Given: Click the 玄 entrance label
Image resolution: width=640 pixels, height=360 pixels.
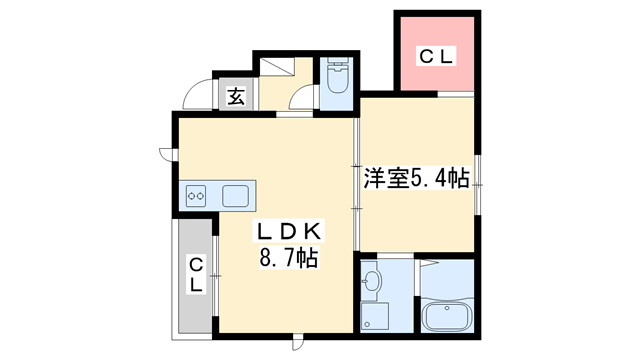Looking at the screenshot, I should [236, 97].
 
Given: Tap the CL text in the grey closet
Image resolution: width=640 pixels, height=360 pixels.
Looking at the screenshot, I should [196, 274].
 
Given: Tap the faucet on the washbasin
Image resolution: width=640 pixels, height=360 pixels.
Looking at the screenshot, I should [365, 281].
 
